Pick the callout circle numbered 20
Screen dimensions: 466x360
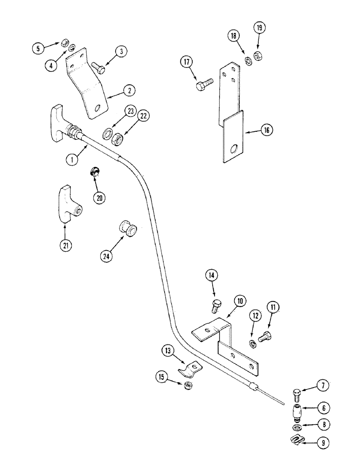[99, 198]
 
